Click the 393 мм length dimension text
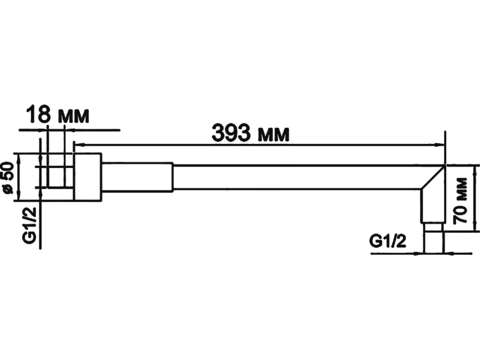point(250,134)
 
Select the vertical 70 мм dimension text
point(461,201)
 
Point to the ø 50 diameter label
point(7,178)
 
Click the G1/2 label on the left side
point(30,225)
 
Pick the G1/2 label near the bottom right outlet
point(387,241)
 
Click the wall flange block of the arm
point(88,177)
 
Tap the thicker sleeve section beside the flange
point(138,177)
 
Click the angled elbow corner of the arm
point(432,178)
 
